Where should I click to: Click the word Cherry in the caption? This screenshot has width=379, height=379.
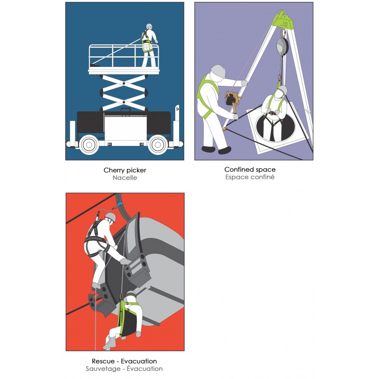pyautogui.click(x=113, y=171)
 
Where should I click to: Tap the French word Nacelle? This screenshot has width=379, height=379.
pyautogui.click(x=125, y=178)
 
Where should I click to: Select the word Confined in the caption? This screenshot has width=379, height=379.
pyautogui.click(x=237, y=170)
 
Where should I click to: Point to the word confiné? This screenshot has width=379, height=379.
pyautogui.click(x=263, y=177)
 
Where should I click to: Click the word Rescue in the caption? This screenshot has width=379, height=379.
pyautogui.click(x=103, y=361)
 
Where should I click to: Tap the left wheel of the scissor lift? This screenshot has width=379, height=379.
pyautogui.click(x=89, y=145)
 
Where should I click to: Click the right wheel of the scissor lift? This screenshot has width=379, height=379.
pyautogui.click(x=158, y=145)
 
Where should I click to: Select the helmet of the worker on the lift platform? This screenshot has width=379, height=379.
pyautogui.click(x=149, y=26)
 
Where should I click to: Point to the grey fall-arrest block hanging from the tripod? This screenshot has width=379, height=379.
pyautogui.click(x=282, y=45)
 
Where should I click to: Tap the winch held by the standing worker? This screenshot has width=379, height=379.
pyautogui.click(x=232, y=99)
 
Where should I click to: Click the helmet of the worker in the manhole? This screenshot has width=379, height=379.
pyautogui.click(x=282, y=90)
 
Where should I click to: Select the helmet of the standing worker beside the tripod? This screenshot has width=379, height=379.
pyautogui.click(x=218, y=71)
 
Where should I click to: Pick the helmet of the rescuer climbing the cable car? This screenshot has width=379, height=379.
pyautogui.click(x=111, y=217)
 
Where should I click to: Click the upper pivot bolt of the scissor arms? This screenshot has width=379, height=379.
pyautogui.click(x=124, y=83)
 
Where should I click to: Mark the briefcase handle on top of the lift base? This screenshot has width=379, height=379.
pyautogui.click(x=126, y=110)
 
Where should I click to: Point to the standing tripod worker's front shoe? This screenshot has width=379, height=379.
pyautogui.click(x=225, y=151)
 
